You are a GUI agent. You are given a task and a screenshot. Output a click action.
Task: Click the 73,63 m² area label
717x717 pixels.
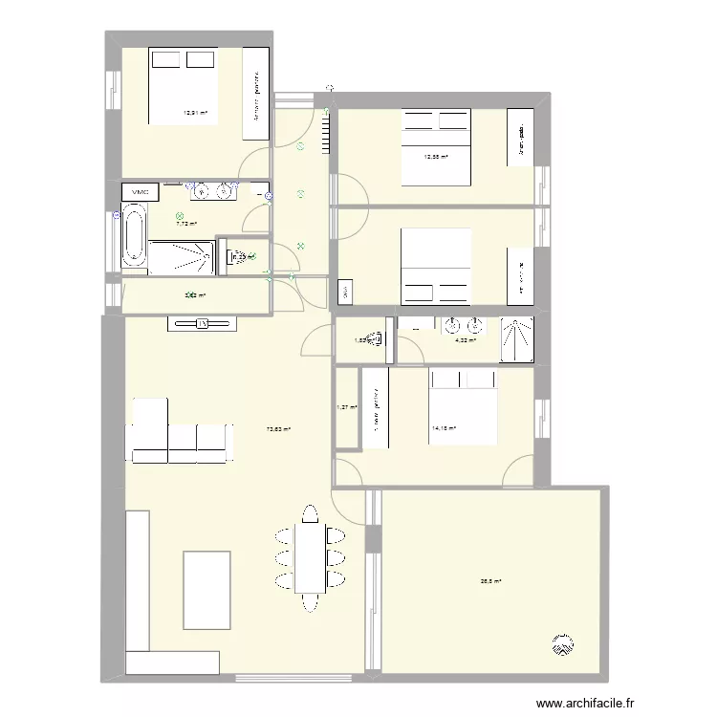tap(278, 429)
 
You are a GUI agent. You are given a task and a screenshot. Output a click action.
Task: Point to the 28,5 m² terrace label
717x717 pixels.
tap(490, 580)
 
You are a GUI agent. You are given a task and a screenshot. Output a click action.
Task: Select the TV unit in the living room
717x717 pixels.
tap(202, 324)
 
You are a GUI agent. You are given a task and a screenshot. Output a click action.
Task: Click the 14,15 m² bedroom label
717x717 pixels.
tap(445, 429)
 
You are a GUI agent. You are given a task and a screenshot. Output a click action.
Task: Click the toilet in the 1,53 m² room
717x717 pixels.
tap(379, 337)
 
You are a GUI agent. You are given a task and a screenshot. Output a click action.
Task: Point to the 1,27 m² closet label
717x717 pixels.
tap(345, 407)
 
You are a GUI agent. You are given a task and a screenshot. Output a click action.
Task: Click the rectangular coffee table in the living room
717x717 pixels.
tap(206, 590)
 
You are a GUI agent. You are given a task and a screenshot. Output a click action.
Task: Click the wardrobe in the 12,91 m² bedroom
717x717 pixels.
tap(256, 98)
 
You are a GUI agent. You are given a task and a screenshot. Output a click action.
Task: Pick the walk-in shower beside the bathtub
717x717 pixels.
tap(182, 256)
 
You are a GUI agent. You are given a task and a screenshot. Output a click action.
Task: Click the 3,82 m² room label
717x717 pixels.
tap(194, 295)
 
